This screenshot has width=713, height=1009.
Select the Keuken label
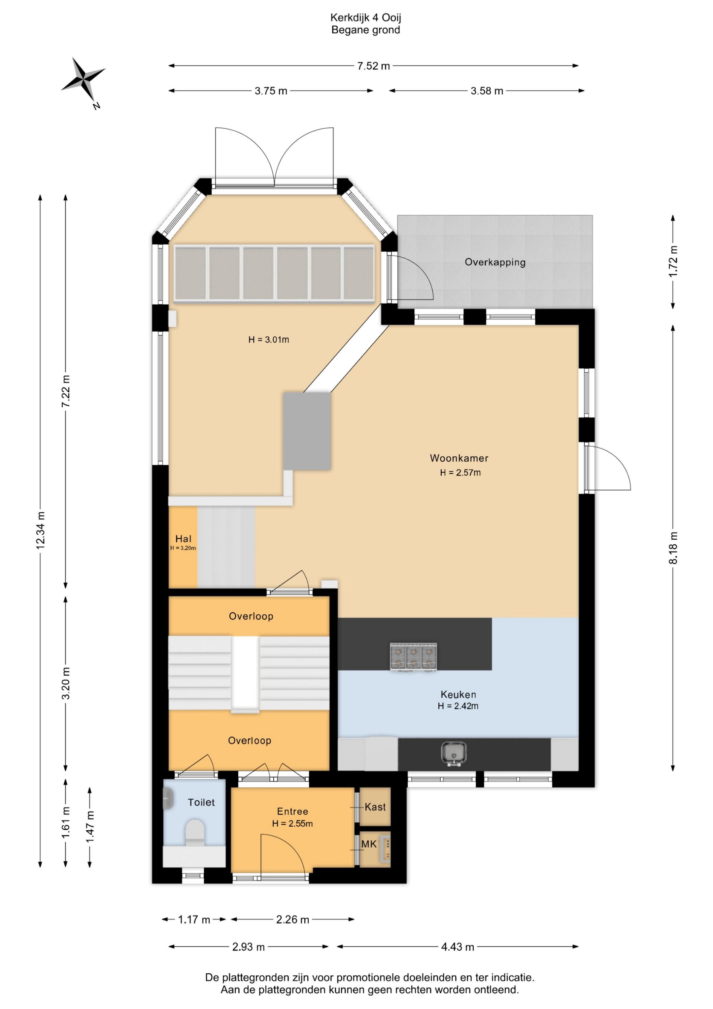tap(458, 694)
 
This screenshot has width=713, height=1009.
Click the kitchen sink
tap(453, 754)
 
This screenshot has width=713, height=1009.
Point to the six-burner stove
tap(413, 657)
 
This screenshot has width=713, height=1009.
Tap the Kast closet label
tap(375, 807)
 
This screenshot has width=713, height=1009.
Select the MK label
tap(369, 844)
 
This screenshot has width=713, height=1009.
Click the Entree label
tap(292, 811)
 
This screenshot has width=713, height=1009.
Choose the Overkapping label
tap(495, 262)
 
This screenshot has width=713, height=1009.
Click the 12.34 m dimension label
tap(40, 530)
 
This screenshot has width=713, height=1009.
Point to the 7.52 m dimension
tap(373, 66)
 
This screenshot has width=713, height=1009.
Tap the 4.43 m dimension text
tap(458, 947)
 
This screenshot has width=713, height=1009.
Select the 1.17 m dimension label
tap(194, 919)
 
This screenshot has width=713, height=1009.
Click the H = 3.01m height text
tap(269, 339)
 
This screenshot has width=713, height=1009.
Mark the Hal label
tap(183, 539)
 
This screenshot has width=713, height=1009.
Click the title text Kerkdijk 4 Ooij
tap(365, 18)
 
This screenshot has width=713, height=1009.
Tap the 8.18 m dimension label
tap(673, 548)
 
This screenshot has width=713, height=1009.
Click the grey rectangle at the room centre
tap(307, 431)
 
